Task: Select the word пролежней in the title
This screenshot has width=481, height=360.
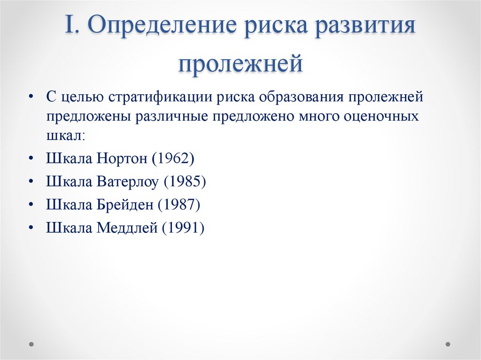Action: click(x=240, y=63)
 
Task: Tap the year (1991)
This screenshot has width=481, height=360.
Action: click(x=183, y=228)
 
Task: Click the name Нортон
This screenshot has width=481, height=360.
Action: click(x=122, y=158)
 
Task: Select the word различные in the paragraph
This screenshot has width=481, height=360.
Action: click(x=172, y=116)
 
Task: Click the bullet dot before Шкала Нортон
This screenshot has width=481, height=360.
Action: click(x=31, y=158)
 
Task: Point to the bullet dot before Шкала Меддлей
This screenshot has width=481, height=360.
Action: click(x=31, y=228)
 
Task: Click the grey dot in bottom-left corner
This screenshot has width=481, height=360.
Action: click(x=31, y=344)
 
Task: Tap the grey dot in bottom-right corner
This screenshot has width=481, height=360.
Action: click(x=449, y=344)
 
